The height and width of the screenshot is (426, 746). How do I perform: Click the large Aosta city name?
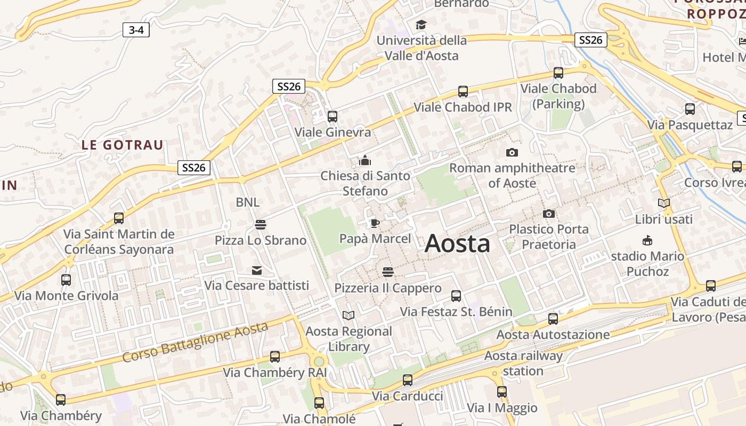click(457, 244)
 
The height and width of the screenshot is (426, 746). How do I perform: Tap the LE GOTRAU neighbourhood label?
click(123, 145)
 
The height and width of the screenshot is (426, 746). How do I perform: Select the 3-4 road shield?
click(136, 30)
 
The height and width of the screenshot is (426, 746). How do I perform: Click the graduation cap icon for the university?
click(421, 24)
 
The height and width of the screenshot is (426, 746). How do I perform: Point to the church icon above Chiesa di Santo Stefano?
click(365, 160)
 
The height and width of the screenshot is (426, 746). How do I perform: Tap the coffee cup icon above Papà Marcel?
click(375, 223)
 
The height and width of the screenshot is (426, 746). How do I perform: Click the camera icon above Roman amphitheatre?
click(512, 153)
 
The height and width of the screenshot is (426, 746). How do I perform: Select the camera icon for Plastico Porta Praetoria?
click(548, 214)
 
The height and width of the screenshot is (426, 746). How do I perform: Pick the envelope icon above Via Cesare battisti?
click(257, 271)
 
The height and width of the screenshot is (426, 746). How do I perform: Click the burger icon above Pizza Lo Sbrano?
click(260, 225)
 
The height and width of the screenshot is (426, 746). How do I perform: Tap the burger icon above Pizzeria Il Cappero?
click(387, 273)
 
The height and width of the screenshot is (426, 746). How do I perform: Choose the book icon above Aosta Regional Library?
click(348, 316)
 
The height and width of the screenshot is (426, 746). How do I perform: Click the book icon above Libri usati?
click(663, 203)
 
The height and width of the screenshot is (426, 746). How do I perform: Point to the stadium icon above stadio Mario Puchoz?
click(647, 241)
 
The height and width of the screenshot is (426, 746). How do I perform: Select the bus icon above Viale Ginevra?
click(333, 116)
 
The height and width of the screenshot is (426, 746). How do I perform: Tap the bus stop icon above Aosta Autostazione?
click(553, 319)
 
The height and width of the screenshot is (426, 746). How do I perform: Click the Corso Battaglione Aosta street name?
click(194, 342)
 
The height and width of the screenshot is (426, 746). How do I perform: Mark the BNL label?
click(248, 202)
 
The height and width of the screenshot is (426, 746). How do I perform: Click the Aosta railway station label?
click(523, 363)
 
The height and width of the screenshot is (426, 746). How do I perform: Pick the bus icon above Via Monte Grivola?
click(66, 280)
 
